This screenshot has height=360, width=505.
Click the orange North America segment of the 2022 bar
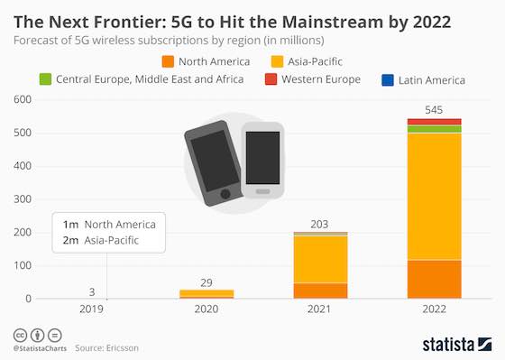(x=434, y=280)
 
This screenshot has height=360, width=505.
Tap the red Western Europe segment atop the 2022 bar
(x=434, y=122)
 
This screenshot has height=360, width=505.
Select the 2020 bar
(x=207, y=294)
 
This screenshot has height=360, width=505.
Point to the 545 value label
(x=434, y=110)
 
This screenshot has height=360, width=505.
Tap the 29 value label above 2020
(x=207, y=282)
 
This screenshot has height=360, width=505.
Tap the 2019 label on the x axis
(x=93, y=309)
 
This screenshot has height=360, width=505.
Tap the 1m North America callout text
(x=108, y=224)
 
